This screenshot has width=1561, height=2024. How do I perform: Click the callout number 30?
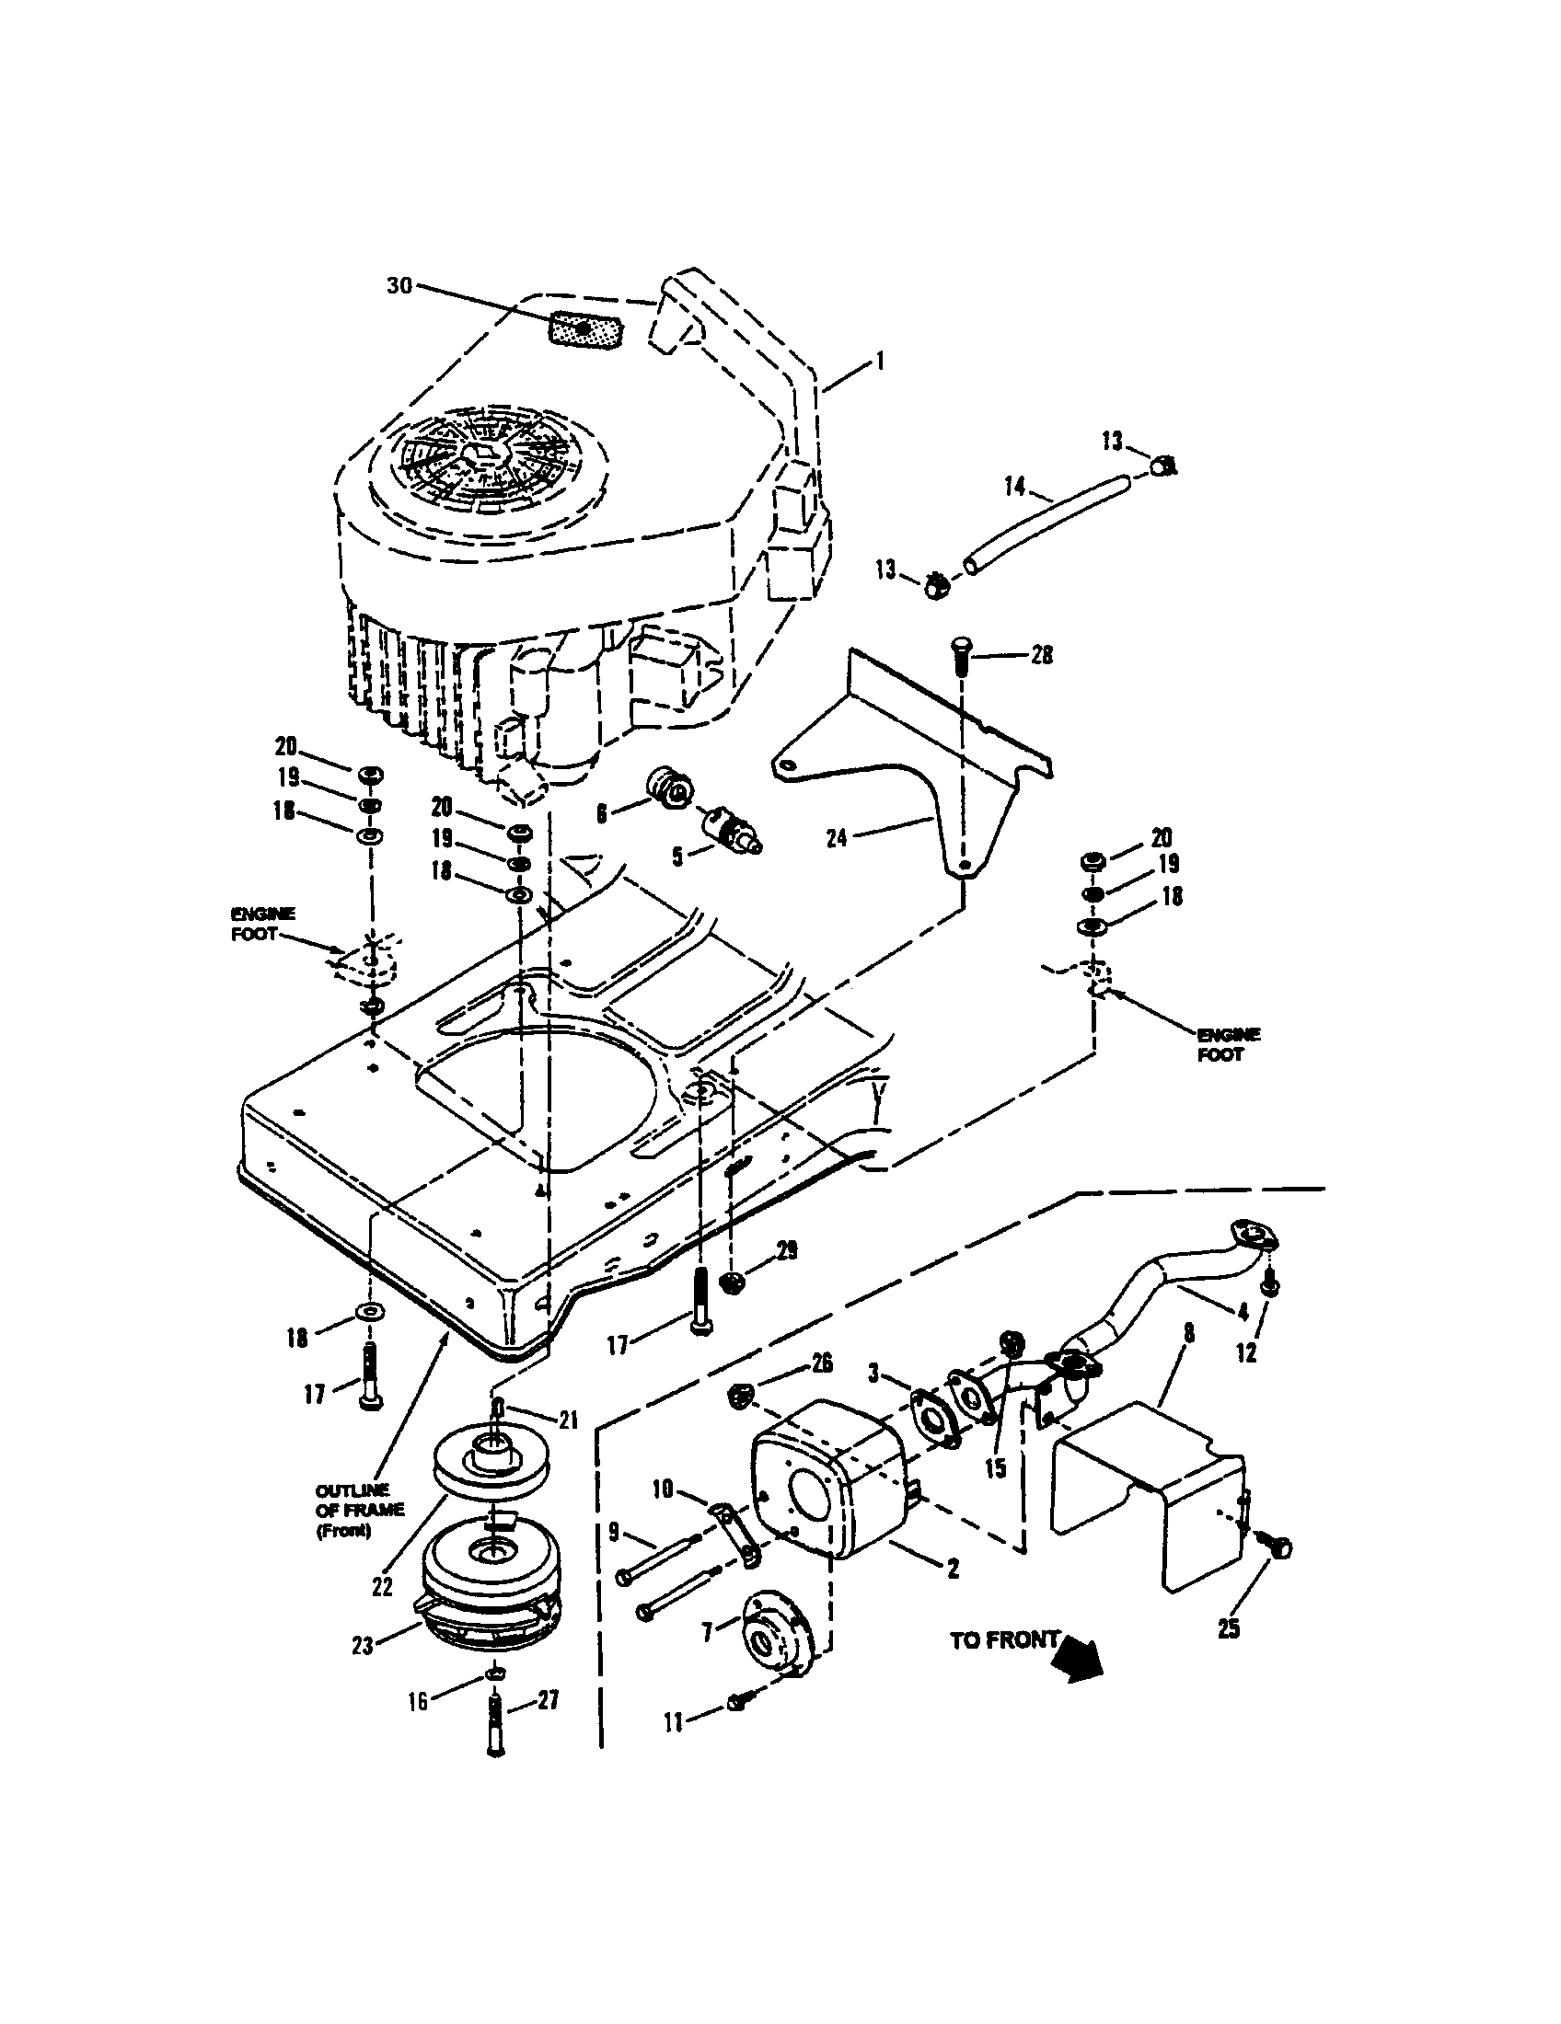399,285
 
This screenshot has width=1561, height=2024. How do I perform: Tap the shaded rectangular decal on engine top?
583,331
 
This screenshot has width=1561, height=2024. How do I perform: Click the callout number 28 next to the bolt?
1042,655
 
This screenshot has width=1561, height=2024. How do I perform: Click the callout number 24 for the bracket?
837,841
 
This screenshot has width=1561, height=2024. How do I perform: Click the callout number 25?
1228,1628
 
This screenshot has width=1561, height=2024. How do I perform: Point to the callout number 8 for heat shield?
1189,1334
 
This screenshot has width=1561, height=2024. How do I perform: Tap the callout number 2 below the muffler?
952,1569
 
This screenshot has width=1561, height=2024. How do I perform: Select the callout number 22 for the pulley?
382,1587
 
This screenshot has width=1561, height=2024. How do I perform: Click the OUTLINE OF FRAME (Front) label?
360,1511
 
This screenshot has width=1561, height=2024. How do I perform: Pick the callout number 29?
786,1250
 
